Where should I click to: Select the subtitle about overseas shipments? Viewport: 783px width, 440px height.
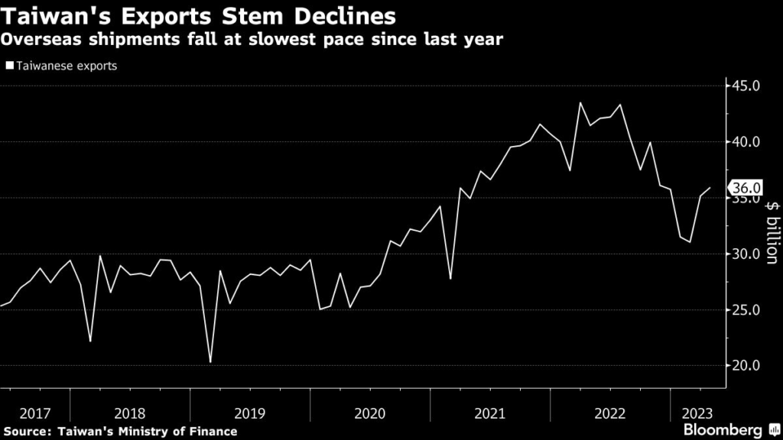(x=252, y=40)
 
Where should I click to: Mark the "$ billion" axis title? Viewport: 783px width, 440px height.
(x=772, y=232)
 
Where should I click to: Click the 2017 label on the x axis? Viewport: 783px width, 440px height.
(x=34, y=413)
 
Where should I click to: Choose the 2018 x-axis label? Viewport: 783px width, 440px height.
(x=130, y=413)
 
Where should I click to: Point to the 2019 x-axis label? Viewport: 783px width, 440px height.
(x=250, y=413)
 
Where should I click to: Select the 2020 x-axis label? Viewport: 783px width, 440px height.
(x=370, y=413)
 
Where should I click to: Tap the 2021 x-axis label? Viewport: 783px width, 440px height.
(x=490, y=413)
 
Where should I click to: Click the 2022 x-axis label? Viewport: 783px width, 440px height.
(x=610, y=413)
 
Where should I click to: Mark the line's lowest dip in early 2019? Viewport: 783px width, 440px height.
(x=210, y=362)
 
